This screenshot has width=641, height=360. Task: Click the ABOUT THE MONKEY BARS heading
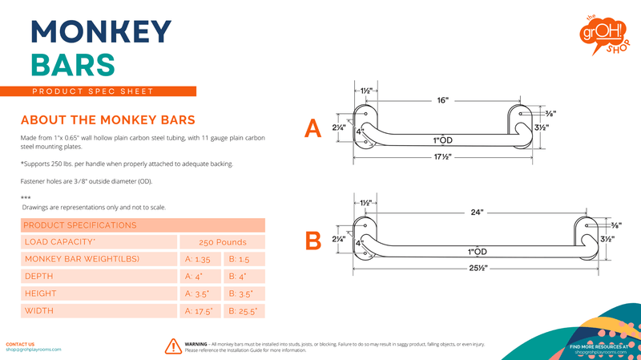click(x=107, y=120)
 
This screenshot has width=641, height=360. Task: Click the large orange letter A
click(x=314, y=128)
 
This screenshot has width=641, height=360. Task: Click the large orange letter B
click(x=314, y=240)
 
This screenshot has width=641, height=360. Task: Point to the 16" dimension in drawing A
click(x=443, y=101)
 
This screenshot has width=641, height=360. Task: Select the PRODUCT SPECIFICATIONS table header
click(x=80, y=225)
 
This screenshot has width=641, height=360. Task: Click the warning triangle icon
click(x=172, y=346)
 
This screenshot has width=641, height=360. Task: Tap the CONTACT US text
click(x=20, y=343)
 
